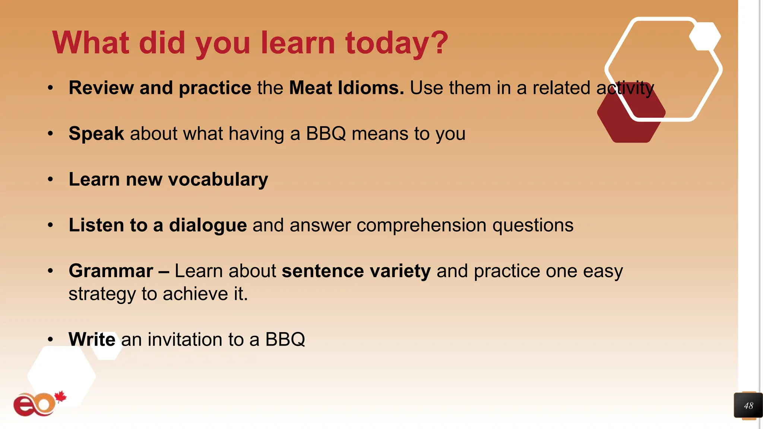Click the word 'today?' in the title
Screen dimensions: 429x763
click(x=396, y=43)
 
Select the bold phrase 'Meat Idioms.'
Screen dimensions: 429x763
click(x=346, y=88)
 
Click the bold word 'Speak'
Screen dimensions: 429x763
click(x=96, y=133)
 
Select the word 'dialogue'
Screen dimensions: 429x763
click(x=208, y=225)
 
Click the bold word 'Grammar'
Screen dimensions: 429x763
click(x=111, y=271)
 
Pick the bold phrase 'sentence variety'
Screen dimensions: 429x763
click(x=356, y=271)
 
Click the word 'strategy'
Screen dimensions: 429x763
click(x=102, y=294)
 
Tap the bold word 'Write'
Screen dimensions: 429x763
click(x=92, y=339)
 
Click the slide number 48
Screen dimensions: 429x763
click(x=748, y=406)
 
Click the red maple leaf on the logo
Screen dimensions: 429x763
click(x=60, y=397)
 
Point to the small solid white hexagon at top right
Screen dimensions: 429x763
click(x=705, y=36)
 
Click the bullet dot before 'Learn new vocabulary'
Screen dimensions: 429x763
click(x=51, y=179)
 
